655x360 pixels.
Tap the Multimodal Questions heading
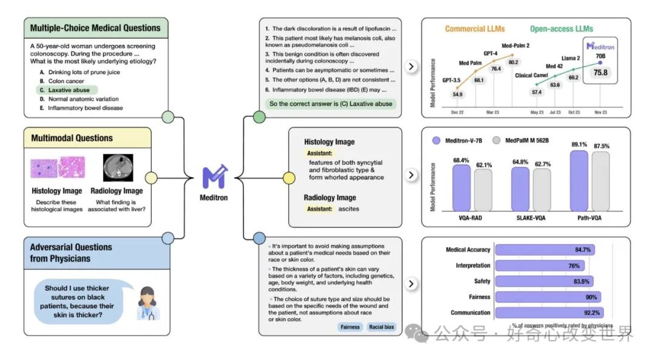coord(72,138)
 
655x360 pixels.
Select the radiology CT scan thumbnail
coord(118,168)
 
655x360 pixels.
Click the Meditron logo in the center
coord(215,176)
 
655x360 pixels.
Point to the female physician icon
coord(148,303)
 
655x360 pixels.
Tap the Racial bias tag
coord(381,327)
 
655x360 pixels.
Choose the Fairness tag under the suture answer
coord(350,327)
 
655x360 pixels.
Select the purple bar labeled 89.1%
coord(579,181)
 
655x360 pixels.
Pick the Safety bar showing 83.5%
coord(544,281)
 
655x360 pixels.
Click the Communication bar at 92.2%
coord(549,313)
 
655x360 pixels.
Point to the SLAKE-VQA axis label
coord(531,218)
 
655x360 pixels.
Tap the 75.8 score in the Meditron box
coord(600,73)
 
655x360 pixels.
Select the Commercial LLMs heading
coord(474,29)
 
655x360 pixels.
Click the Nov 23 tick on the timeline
coord(600,112)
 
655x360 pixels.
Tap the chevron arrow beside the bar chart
coord(411,175)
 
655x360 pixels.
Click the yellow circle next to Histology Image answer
coord(289,178)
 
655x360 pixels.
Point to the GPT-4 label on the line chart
coord(491,53)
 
